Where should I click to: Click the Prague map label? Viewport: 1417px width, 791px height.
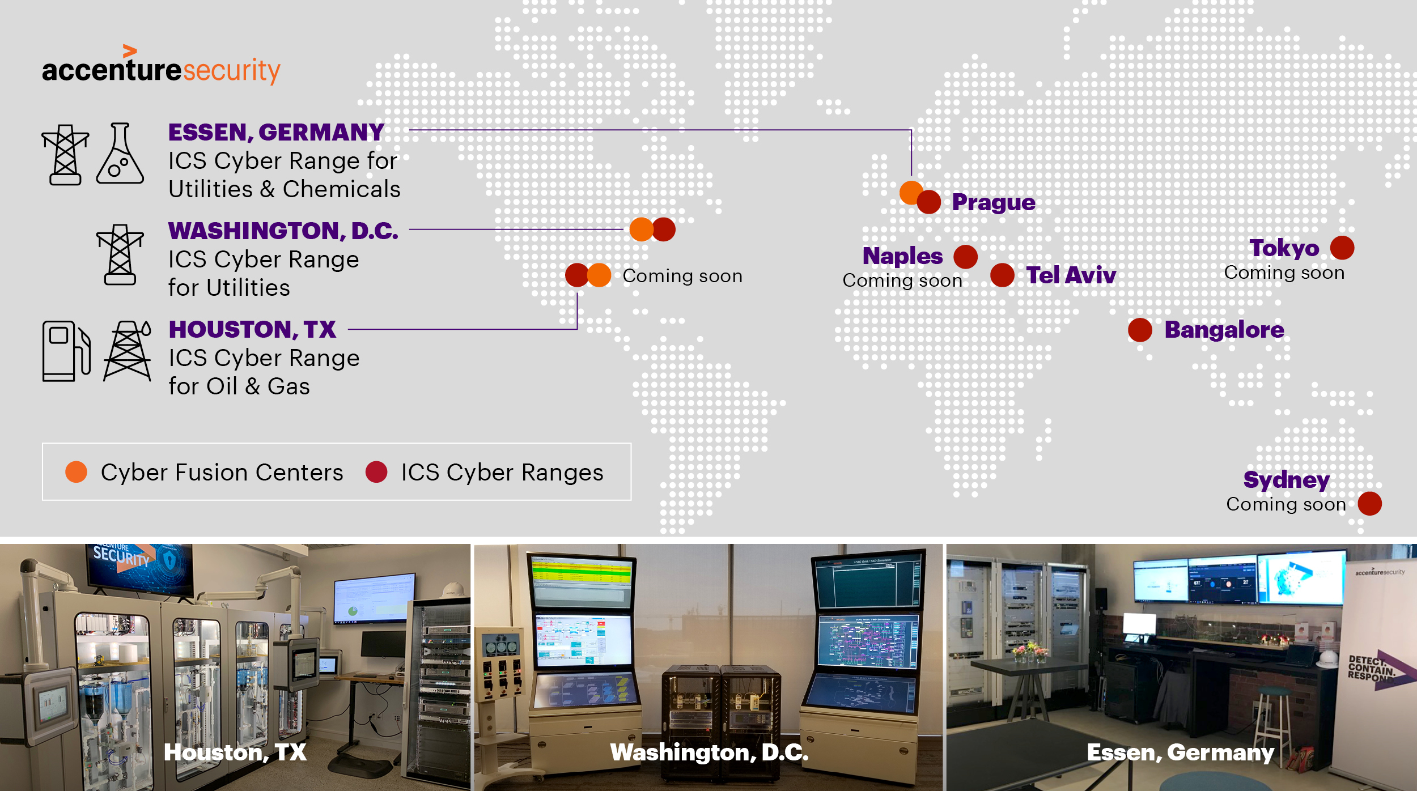point(993,202)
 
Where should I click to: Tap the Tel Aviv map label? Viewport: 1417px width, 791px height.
point(1071,275)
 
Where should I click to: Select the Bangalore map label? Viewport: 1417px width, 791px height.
point(1224,330)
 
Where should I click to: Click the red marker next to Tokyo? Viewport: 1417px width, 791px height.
point(1342,248)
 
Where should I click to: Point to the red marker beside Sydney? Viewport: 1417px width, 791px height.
point(1369,504)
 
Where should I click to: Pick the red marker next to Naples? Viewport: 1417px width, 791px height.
point(965,257)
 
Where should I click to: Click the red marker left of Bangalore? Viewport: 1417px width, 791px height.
point(1140,330)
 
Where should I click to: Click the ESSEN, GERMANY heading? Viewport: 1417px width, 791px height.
point(277,133)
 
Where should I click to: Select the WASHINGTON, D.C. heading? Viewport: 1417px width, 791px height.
point(283,231)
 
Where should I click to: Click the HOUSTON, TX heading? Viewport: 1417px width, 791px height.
point(252,330)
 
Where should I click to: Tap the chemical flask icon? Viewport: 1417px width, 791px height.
point(120,154)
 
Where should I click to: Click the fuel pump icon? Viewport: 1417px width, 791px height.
point(66,351)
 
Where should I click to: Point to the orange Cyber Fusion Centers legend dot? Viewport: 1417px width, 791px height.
point(77,472)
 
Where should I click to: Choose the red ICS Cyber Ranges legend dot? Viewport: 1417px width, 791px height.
point(376,472)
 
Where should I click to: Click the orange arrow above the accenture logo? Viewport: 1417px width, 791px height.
point(130,51)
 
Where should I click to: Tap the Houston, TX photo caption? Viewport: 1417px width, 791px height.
point(235,752)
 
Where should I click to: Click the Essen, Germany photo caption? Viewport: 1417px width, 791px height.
point(1180,752)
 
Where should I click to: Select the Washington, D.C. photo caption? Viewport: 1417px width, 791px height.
point(709,752)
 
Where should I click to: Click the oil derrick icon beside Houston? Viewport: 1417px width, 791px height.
point(128,351)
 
